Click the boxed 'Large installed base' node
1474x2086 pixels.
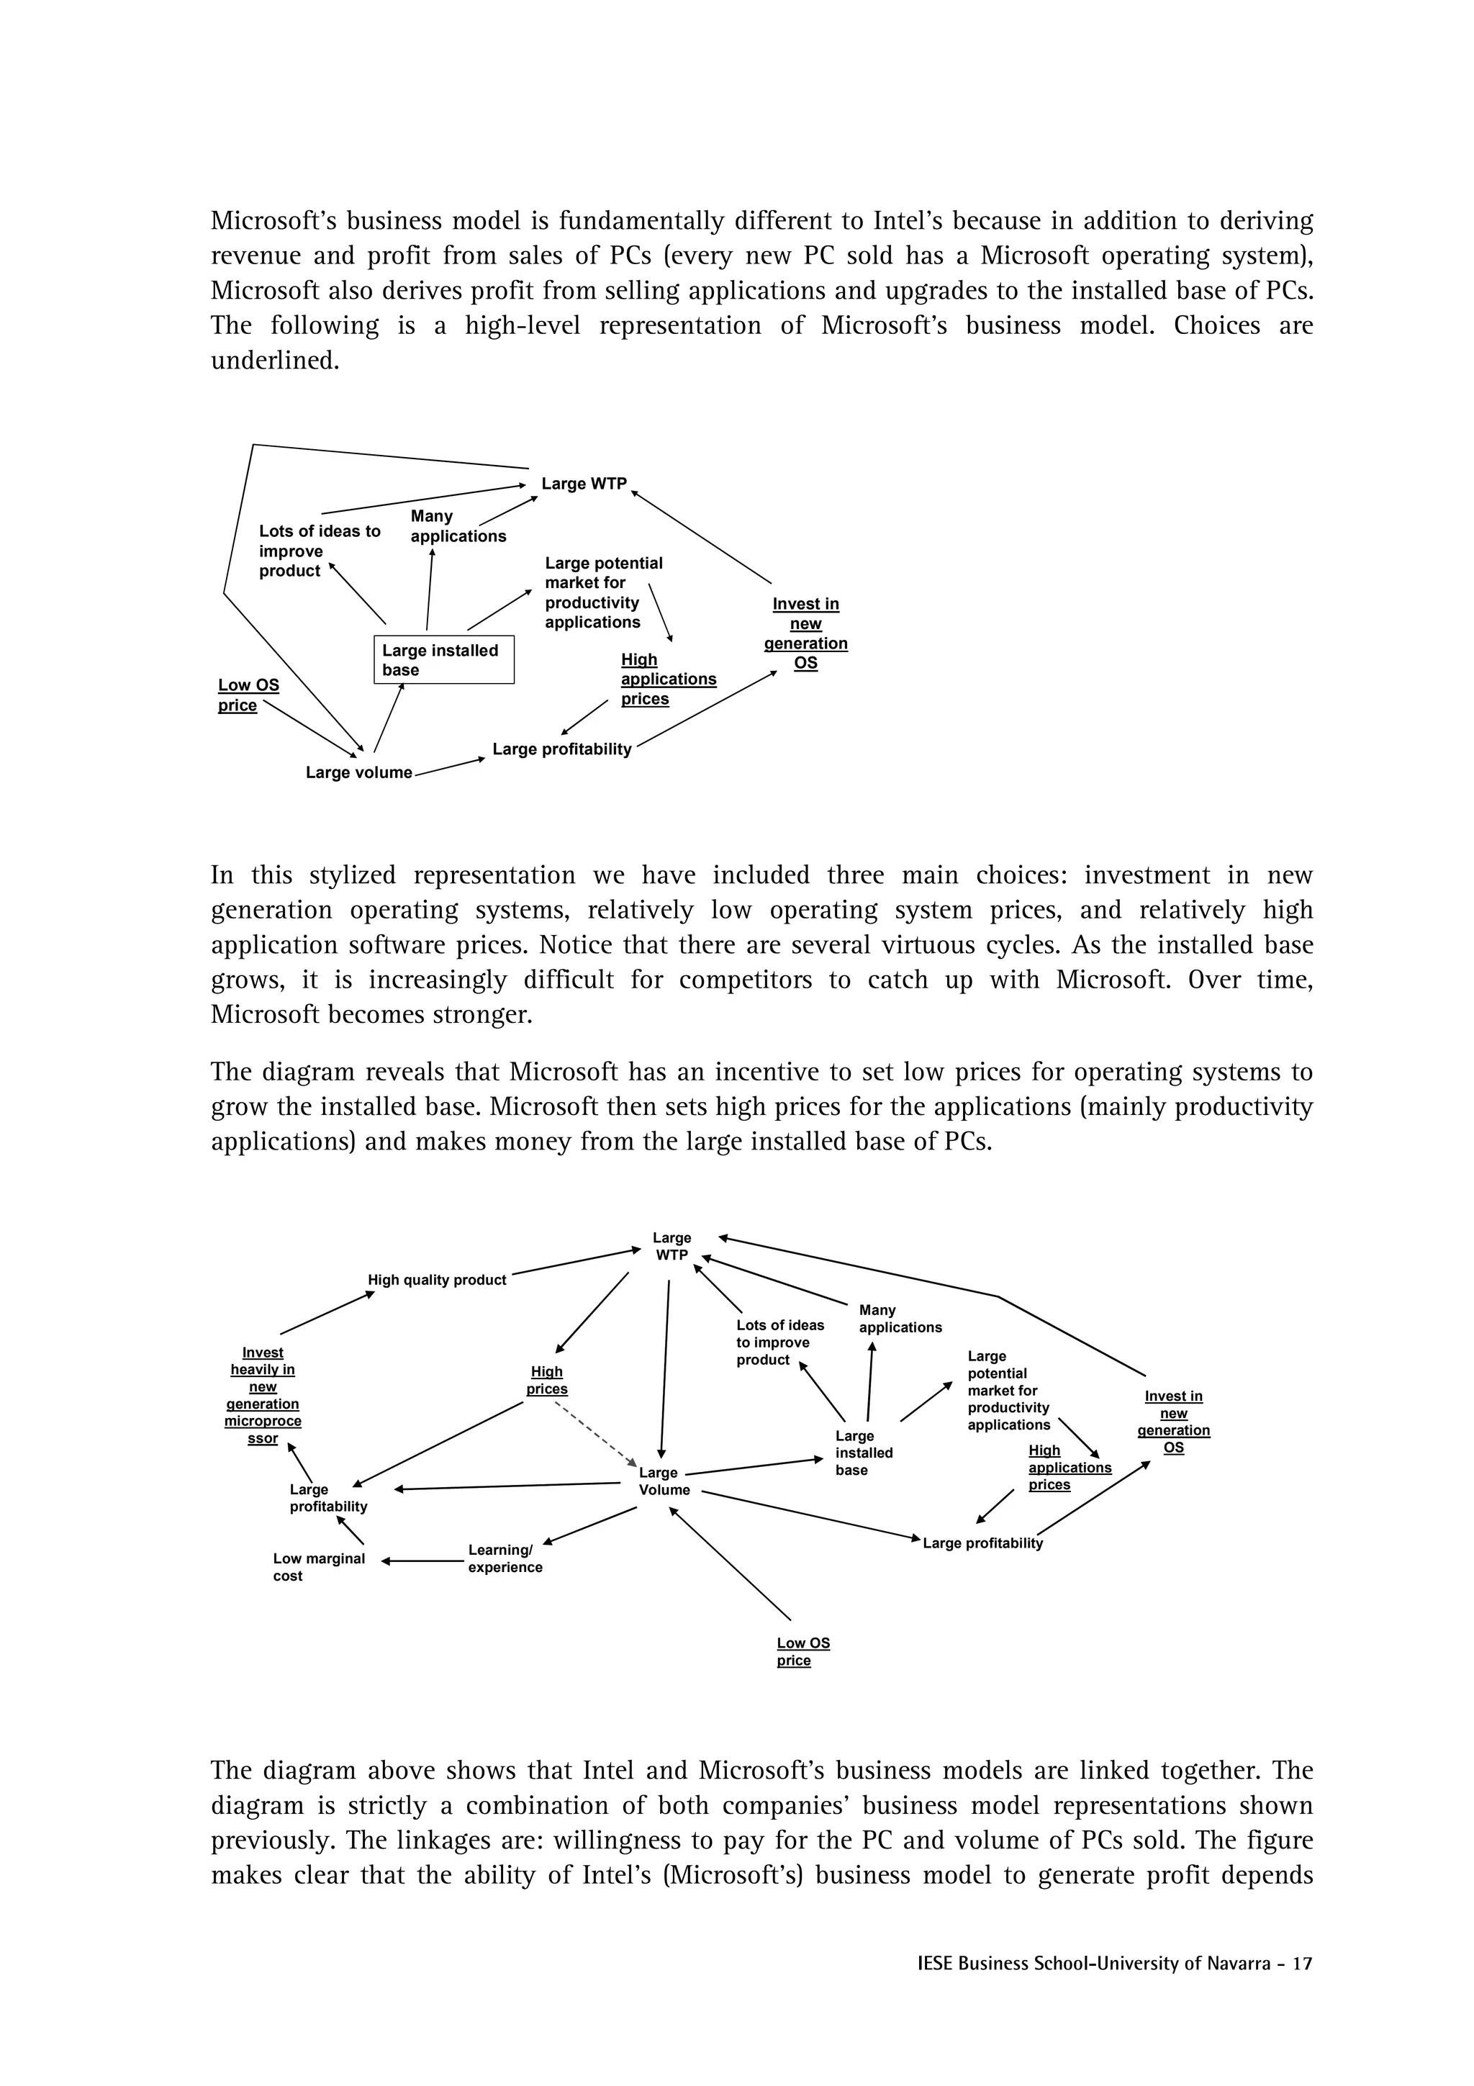[x=444, y=659]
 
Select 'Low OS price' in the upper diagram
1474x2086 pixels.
[x=248, y=695]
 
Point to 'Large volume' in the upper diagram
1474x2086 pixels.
[x=358, y=772]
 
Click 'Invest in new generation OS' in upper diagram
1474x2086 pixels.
[x=805, y=633]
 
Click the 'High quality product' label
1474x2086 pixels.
[x=437, y=1280]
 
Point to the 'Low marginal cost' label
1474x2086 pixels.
[x=318, y=1566]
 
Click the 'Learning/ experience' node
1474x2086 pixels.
[x=505, y=1558]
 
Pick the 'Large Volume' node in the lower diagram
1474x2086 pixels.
[x=664, y=1481]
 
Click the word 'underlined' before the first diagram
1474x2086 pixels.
[x=274, y=361]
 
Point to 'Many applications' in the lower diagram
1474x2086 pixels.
[x=899, y=1318]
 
